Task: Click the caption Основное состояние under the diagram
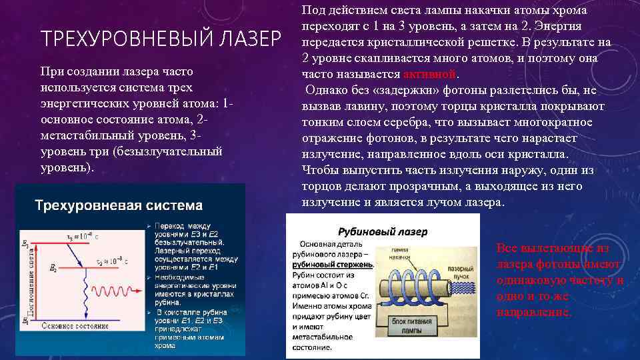[x=74, y=327]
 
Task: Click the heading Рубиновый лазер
[x=383, y=232]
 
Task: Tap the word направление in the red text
[x=533, y=311]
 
